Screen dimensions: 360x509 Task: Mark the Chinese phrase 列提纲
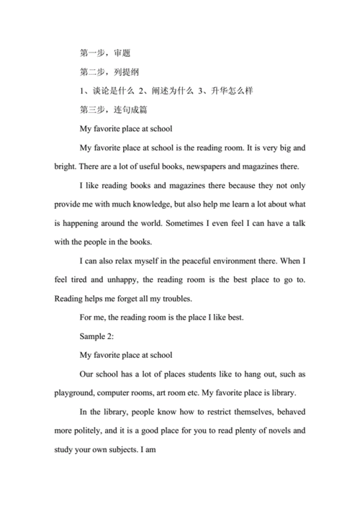[x=126, y=72]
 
